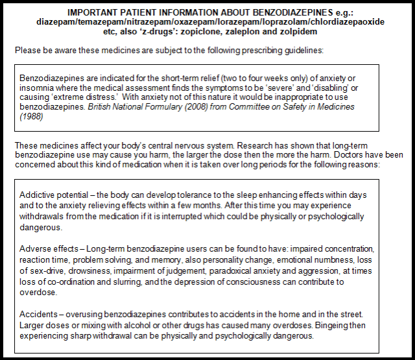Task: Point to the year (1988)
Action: pos(32,118)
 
